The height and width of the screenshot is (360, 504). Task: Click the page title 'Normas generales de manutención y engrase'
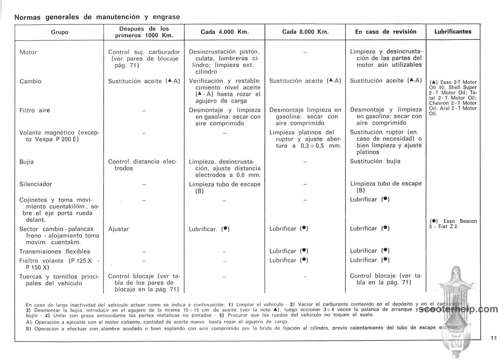97,17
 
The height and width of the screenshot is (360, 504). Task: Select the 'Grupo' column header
59,32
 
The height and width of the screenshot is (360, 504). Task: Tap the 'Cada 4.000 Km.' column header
225,32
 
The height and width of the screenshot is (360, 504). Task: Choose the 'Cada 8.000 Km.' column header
305,32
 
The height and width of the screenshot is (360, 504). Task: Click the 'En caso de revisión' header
385,32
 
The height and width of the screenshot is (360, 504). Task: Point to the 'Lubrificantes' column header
453,32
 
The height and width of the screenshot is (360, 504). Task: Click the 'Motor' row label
28,52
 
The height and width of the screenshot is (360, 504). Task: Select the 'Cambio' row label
30,81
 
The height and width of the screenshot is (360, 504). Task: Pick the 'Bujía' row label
27,162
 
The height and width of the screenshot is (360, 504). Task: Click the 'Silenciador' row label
35,184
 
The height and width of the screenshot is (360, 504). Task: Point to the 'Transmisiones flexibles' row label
55,251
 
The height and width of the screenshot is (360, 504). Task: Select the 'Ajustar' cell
119,229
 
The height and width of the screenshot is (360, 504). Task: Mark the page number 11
493,338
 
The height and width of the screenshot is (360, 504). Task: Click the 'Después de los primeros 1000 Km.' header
144,32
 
